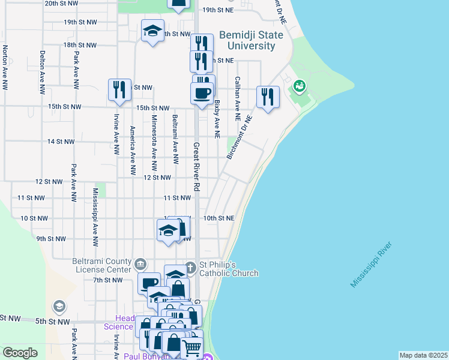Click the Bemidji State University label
pyautogui.click(x=247, y=41)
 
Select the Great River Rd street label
pyautogui.click(x=196, y=167)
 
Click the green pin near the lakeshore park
pyautogui.click(x=298, y=88)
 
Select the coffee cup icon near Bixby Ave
pyautogui.click(x=202, y=92)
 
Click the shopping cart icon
pyautogui.click(x=191, y=347)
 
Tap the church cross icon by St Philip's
pyautogui.click(x=190, y=267)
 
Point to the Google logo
pyautogui.click(x=20, y=353)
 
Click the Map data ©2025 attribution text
pyautogui.click(x=423, y=355)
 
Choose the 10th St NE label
pyautogui.click(x=218, y=218)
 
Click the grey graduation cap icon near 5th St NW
pyautogui.click(x=59, y=307)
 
